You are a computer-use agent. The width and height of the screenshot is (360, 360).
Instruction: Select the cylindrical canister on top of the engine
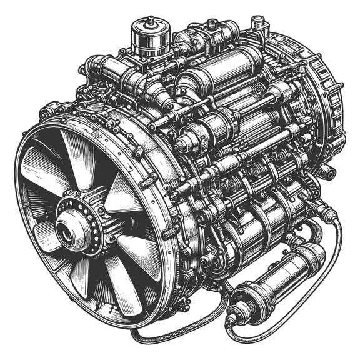click(150, 37)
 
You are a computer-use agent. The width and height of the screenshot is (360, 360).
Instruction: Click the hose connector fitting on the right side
click(322, 209)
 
